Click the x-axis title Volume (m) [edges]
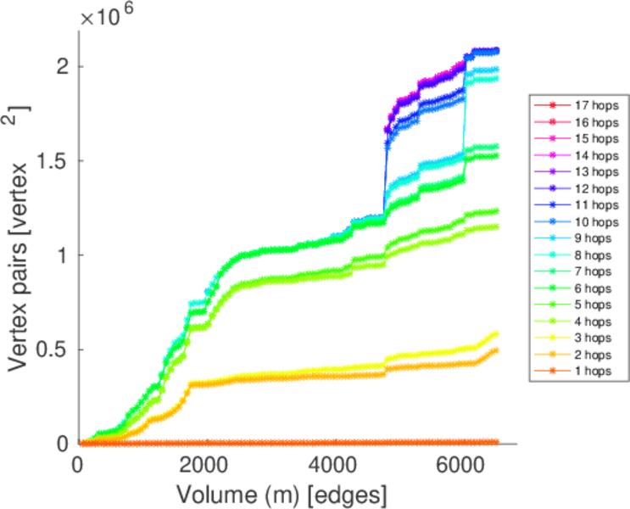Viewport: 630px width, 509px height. click(283, 493)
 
